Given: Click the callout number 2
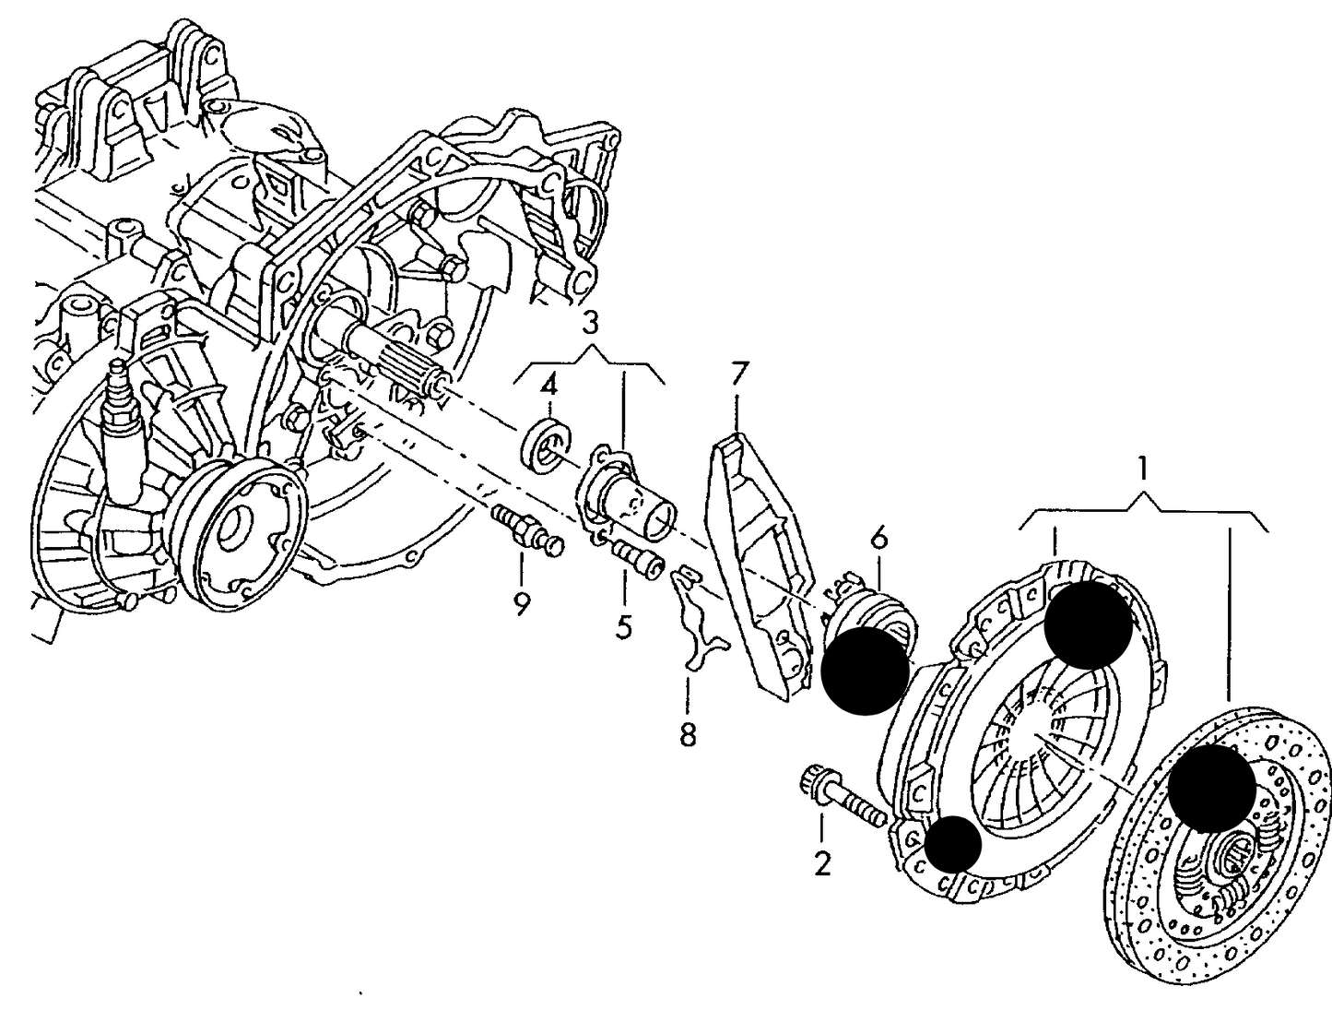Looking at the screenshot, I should coord(821,863).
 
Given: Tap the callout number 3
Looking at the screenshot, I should coord(589,323).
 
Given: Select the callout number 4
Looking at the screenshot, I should coord(548,384).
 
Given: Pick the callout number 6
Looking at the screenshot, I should coord(878,537).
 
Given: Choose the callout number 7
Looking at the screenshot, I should coord(738,374).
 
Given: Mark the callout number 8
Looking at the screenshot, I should coord(688,735).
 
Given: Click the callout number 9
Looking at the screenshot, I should coord(522,605).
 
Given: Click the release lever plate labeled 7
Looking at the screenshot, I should coord(756,563).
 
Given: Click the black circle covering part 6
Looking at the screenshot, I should coord(864,670).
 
